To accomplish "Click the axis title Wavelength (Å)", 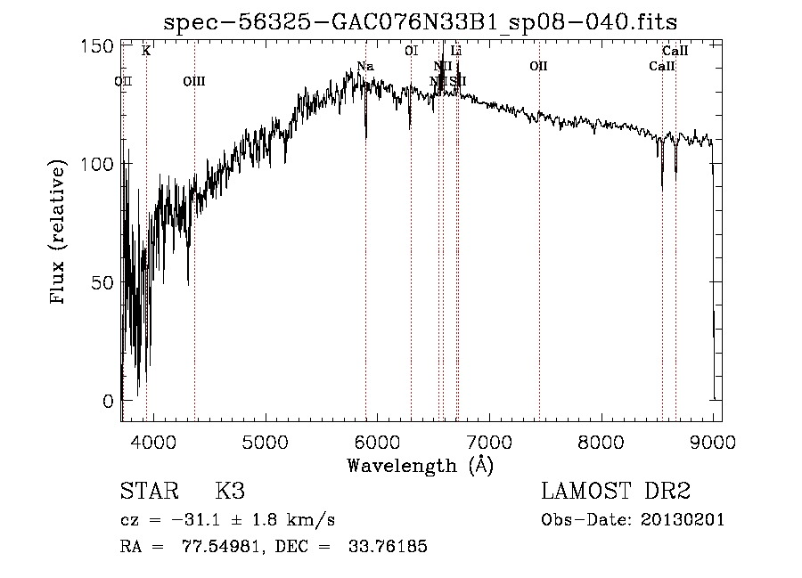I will tap(420, 464).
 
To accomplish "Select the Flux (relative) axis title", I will tap(60, 233).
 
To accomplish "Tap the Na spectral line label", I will tap(365, 67).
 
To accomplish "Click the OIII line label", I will tap(194, 82).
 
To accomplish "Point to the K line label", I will tap(146, 52).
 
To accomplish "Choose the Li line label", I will tap(456, 52).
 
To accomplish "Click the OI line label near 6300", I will tap(411, 52).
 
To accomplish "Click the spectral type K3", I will tap(230, 492).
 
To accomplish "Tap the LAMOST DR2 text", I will tap(616, 492).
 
